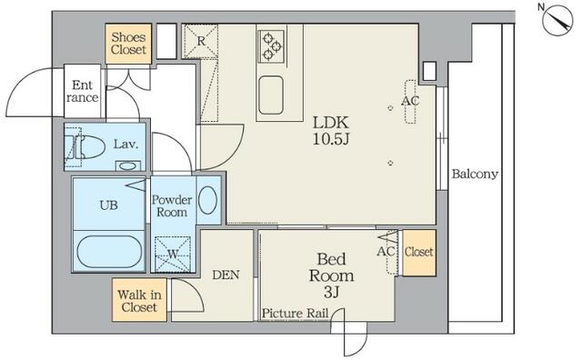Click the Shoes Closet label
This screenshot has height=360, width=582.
pyautogui.click(x=128, y=43)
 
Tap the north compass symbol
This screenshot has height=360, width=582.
pyautogui.click(x=557, y=20)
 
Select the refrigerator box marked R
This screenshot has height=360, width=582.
pyautogui.click(x=200, y=41)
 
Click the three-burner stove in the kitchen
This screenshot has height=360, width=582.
pyautogui.click(x=272, y=46)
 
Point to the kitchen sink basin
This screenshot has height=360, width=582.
pyautogui.click(x=271, y=95)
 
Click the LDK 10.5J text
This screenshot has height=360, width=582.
pyautogui.click(x=331, y=130)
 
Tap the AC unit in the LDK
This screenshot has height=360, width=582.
pyautogui.click(x=410, y=101)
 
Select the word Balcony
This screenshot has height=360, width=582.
pyautogui.click(x=475, y=174)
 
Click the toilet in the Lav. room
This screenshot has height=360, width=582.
pyautogui.click(x=85, y=146)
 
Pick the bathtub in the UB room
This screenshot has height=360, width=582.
pyautogui.click(x=109, y=252)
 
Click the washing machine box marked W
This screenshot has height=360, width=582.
pyautogui.click(x=173, y=255)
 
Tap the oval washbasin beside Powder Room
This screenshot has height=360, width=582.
pyautogui.click(x=207, y=200)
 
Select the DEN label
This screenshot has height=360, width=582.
pyautogui.click(x=226, y=275)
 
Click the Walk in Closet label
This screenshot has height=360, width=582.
pyautogui.click(x=139, y=301)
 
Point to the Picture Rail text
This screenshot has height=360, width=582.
pyautogui.click(x=295, y=314)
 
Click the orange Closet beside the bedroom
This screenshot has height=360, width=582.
pyautogui.click(x=419, y=253)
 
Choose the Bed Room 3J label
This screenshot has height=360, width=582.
pyautogui.click(x=331, y=275)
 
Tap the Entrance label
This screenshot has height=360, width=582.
pyautogui.click(x=83, y=91)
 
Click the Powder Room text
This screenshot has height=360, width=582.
pyautogui.click(x=172, y=205)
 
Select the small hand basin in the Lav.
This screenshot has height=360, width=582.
pyautogui.click(x=127, y=165)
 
